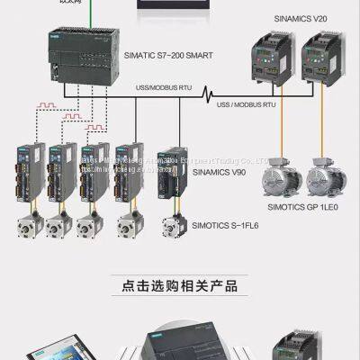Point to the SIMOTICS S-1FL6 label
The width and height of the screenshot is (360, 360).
tap(220, 224)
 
